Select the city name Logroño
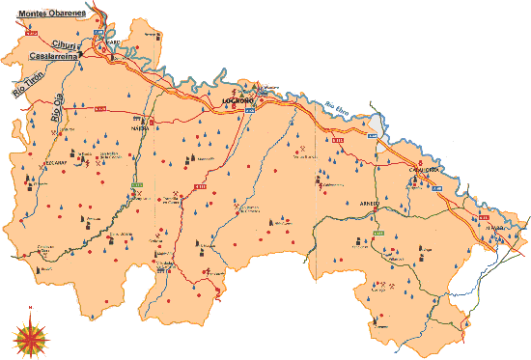[237, 100]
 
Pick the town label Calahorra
[425, 170]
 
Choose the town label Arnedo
[370, 204]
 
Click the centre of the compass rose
[31, 337]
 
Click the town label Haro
[112, 42]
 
